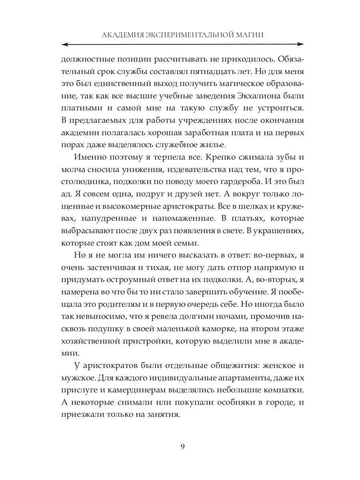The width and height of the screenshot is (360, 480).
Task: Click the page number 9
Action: [182, 447]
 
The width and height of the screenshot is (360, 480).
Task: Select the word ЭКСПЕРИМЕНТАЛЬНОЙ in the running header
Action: [189, 35]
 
